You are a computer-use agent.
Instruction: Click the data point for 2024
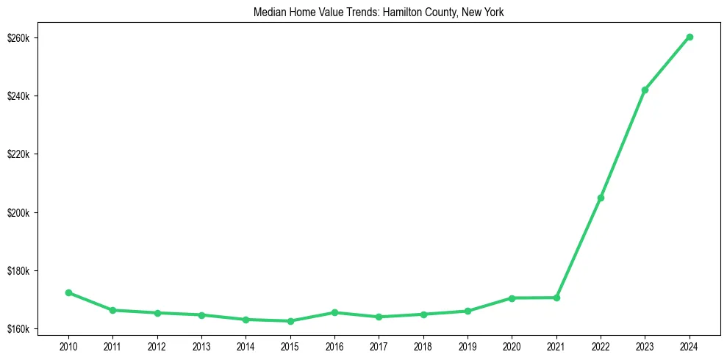click(x=690, y=37)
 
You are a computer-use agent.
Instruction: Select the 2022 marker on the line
click(x=601, y=198)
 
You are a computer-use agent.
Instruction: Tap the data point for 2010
click(x=68, y=292)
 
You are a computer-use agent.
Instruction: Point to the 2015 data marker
click(x=290, y=321)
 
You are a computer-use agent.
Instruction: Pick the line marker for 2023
click(x=645, y=90)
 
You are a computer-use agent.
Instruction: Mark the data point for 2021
click(x=556, y=298)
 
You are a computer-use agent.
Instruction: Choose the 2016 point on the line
click(x=334, y=312)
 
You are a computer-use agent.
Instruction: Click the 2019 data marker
click(x=468, y=311)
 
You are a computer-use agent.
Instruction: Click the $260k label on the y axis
click(x=27, y=37)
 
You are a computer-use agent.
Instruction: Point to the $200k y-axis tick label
click(x=27, y=213)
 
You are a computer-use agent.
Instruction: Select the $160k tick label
click(x=27, y=329)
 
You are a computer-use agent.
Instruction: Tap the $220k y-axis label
click(x=27, y=154)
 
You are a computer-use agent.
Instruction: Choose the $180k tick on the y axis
click(x=27, y=271)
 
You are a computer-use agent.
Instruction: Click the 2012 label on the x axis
click(x=157, y=345)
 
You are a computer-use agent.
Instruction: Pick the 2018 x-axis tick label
click(x=423, y=345)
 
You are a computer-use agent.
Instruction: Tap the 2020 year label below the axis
click(x=512, y=345)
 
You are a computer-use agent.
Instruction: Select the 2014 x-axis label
click(x=246, y=345)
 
